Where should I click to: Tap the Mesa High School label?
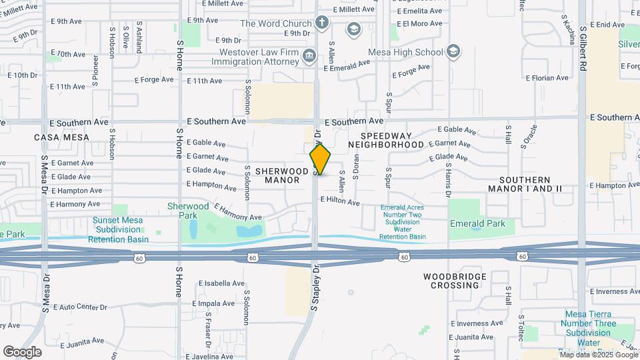pos(405,52)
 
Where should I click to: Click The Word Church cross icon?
pos(322,23)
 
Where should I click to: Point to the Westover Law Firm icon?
pos(309,56)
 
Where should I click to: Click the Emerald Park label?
pos(477,224)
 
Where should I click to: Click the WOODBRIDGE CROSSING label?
pos(451,281)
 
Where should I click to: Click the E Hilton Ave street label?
pos(340,200)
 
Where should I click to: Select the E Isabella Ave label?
pos(221,283)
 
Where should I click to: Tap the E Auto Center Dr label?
pos(79,307)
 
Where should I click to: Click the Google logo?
pos(22,351)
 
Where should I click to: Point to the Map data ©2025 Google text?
pos(598,355)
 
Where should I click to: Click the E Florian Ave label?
pos(547,78)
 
